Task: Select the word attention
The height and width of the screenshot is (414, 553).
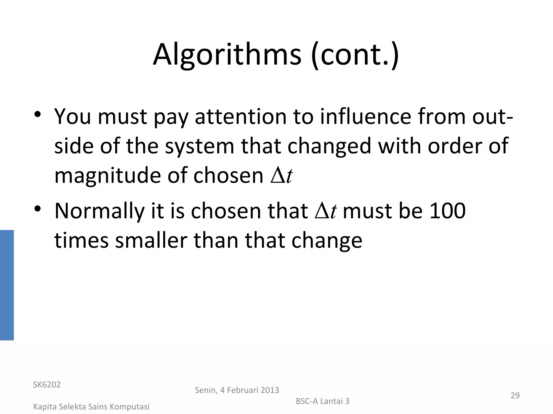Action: coord(241,117)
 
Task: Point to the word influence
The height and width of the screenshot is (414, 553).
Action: coord(366,117)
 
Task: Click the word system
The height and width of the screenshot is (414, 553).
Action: coord(200,146)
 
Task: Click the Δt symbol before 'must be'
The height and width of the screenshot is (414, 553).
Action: coord(326,211)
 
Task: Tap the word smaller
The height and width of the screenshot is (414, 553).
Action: coord(151,240)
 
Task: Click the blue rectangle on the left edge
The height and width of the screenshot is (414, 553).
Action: coord(7,285)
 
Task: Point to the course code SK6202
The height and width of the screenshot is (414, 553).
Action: coord(47,385)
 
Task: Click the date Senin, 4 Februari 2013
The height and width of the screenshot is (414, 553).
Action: coord(237,390)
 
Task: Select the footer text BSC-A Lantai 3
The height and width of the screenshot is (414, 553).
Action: coord(322,401)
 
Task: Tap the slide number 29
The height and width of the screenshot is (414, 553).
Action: coord(515,395)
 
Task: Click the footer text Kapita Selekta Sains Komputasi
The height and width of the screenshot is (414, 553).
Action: coord(91,407)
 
